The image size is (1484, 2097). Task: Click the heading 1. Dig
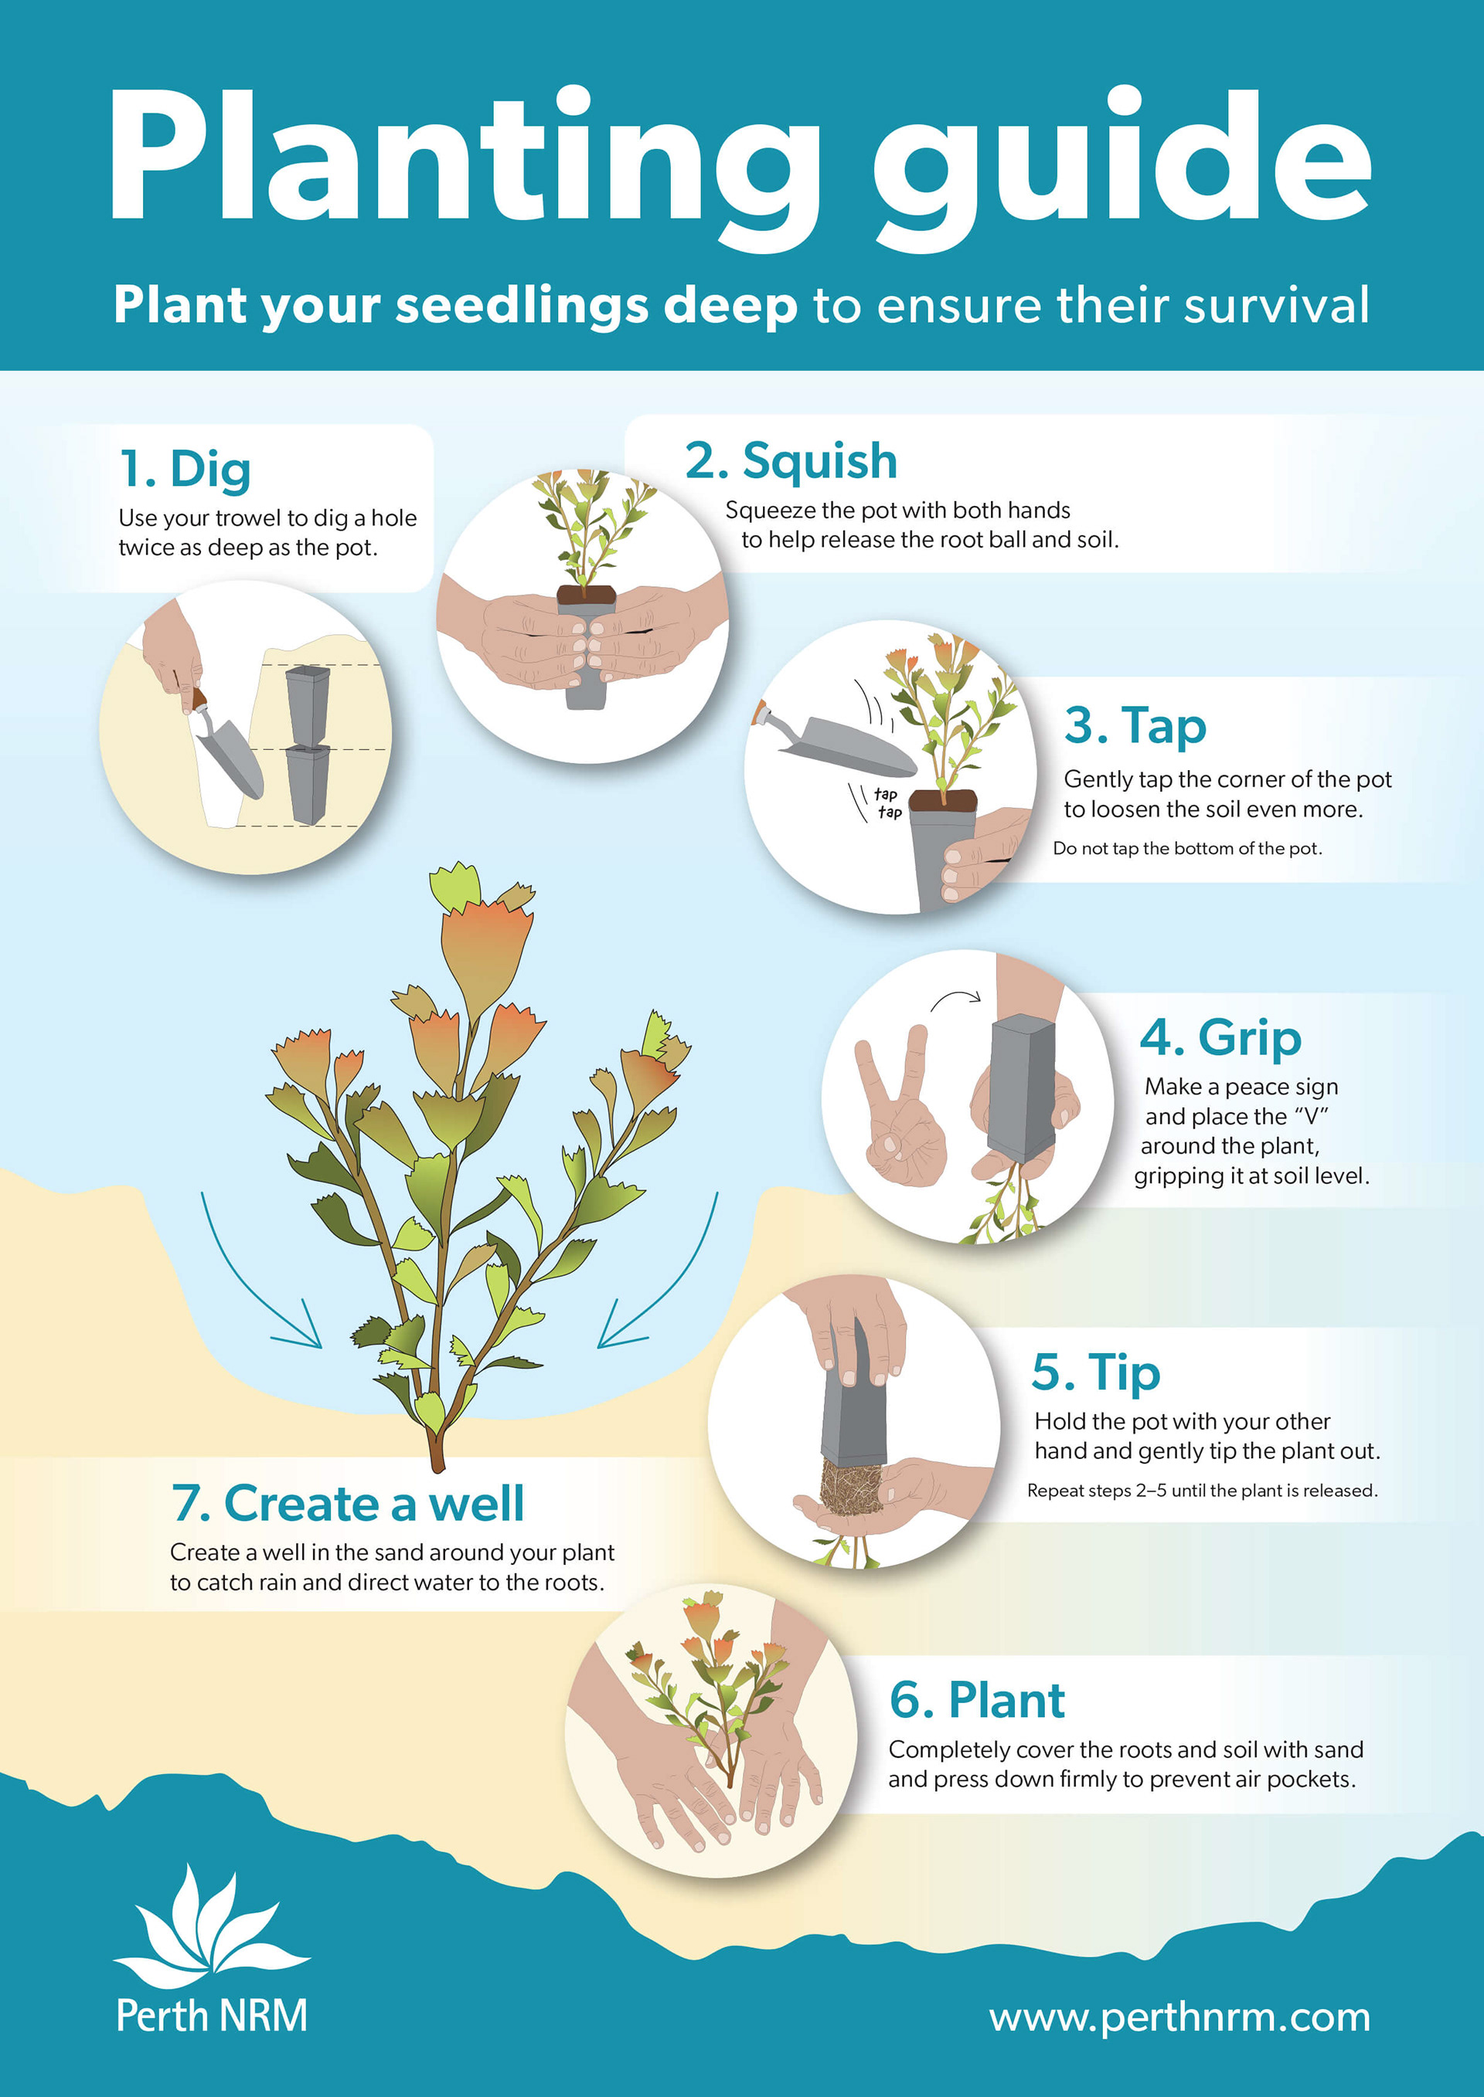coord(185,470)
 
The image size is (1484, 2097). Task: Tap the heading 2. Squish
coord(791,460)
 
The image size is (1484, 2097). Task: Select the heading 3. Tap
coord(1135,726)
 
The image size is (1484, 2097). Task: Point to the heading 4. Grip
coord(1220,1038)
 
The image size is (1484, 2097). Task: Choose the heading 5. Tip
coord(1096,1373)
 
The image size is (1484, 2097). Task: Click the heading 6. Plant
coord(977,1700)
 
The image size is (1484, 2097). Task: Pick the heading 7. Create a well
coord(347,1502)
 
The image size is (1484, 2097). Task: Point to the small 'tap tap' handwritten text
coord(887,802)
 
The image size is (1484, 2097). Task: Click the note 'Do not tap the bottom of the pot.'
coord(1187,849)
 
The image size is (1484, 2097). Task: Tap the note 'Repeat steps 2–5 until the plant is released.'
coord(1202,1491)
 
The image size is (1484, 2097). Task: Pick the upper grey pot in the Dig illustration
coord(308,705)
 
